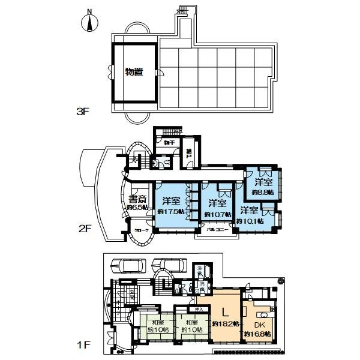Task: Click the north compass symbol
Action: [x=89, y=23]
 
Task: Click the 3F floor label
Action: [x=84, y=112]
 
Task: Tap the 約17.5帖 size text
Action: [x=170, y=212]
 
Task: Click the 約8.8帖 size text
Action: [x=263, y=192]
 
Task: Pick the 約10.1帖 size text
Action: [x=248, y=220]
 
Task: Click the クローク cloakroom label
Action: [x=141, y=231]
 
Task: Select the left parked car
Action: [x=127, y=266]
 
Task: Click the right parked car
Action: [x=167, y=265]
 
